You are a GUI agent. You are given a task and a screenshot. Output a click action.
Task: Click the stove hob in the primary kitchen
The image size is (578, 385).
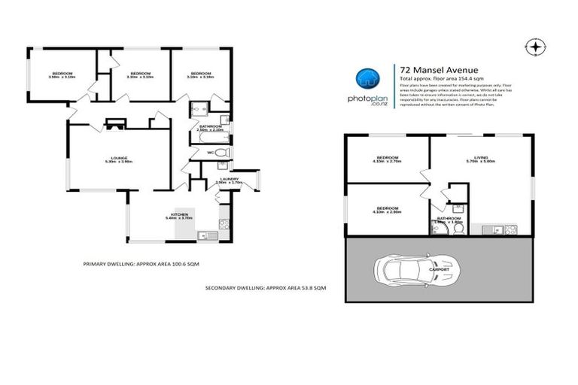[224, 223]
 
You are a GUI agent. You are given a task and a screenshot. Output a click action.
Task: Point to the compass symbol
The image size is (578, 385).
[535, 47]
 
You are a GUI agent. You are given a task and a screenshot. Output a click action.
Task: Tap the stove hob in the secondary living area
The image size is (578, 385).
[510, 229]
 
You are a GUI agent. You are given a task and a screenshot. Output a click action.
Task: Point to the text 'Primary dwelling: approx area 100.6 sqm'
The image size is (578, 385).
[141, 264]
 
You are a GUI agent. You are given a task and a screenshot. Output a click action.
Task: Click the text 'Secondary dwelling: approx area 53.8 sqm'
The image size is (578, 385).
[266, 288]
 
